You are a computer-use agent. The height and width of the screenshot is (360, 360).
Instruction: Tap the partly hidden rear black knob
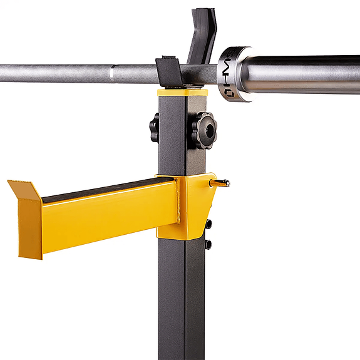[154, 127]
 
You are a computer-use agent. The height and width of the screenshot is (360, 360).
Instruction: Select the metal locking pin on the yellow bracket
[220, 183]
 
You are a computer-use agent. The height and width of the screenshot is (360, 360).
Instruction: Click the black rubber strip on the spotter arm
[106, 188]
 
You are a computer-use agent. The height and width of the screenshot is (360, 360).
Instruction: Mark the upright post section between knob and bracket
[182, 160]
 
